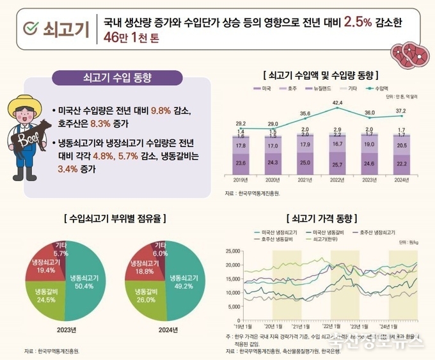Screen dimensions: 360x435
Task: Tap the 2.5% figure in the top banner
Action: tap(358, 23)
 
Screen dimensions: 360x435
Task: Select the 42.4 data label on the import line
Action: tap(338, 103)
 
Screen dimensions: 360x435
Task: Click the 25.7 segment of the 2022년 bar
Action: tap(338, 165)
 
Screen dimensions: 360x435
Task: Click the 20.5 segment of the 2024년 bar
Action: tap(400, 146)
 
